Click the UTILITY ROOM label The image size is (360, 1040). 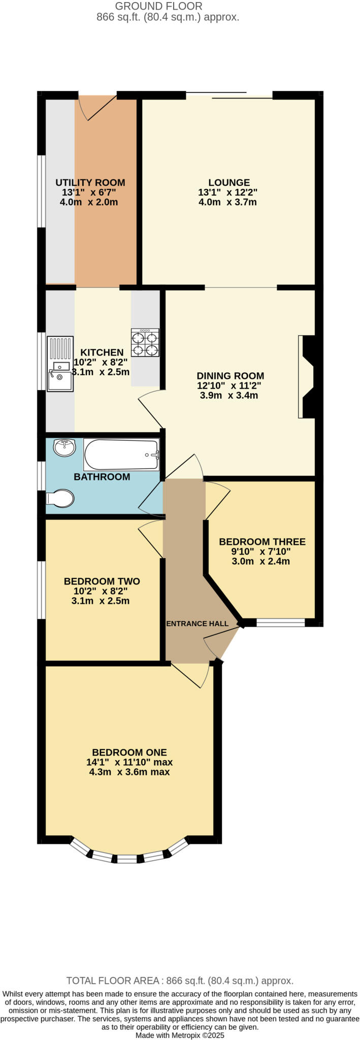(90, 182)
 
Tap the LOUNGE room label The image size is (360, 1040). (228, 182)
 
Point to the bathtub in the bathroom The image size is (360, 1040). (121, 454)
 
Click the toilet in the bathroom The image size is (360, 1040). (61, 498)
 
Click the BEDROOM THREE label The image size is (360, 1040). (262, 542)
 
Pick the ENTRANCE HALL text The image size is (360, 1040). (198, 624)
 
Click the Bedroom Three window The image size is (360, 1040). (280, 623)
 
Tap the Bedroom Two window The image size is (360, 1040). (41, 590)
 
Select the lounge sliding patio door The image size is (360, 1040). (230, 95)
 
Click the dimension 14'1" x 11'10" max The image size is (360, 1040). (129, 762)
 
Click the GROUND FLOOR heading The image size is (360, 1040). (158, 6)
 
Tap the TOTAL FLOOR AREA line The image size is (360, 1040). (180, 981)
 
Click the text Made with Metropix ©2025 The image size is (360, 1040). (180, 1035)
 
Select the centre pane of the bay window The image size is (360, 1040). (127, 859)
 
